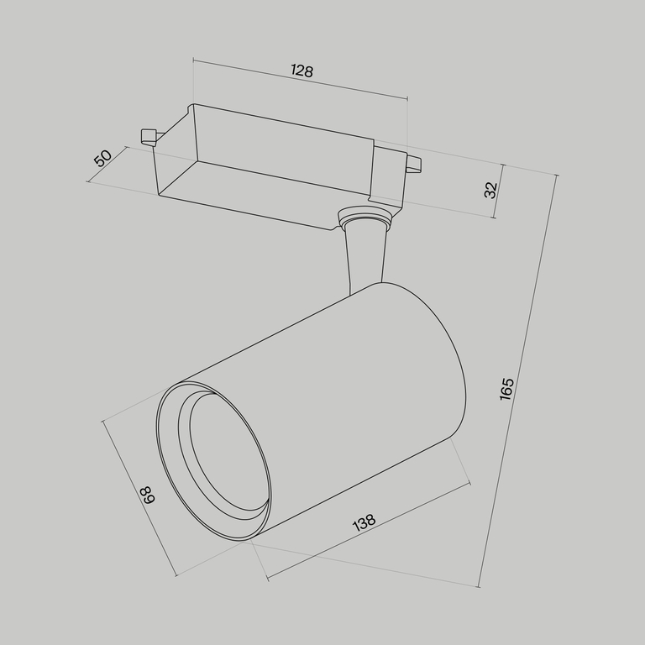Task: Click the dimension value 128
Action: (302, 71)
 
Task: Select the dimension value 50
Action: (102, 157)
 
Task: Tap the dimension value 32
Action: (491, 190)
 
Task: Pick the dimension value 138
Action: (364, 523)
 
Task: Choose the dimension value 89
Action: (148, 495)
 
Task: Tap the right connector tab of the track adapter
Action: (413, 165)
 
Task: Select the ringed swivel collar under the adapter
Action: (364, 221)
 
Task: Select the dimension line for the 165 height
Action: (519, 378)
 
